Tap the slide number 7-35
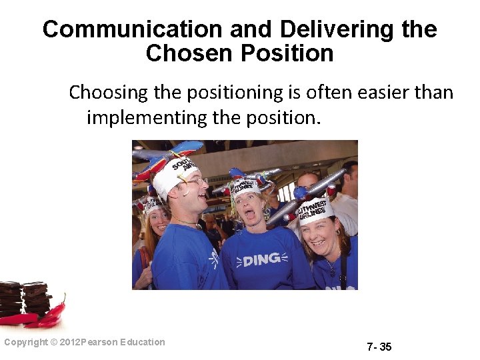point(379,347)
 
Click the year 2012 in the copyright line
point(70,342)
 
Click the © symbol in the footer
point(54,342)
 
